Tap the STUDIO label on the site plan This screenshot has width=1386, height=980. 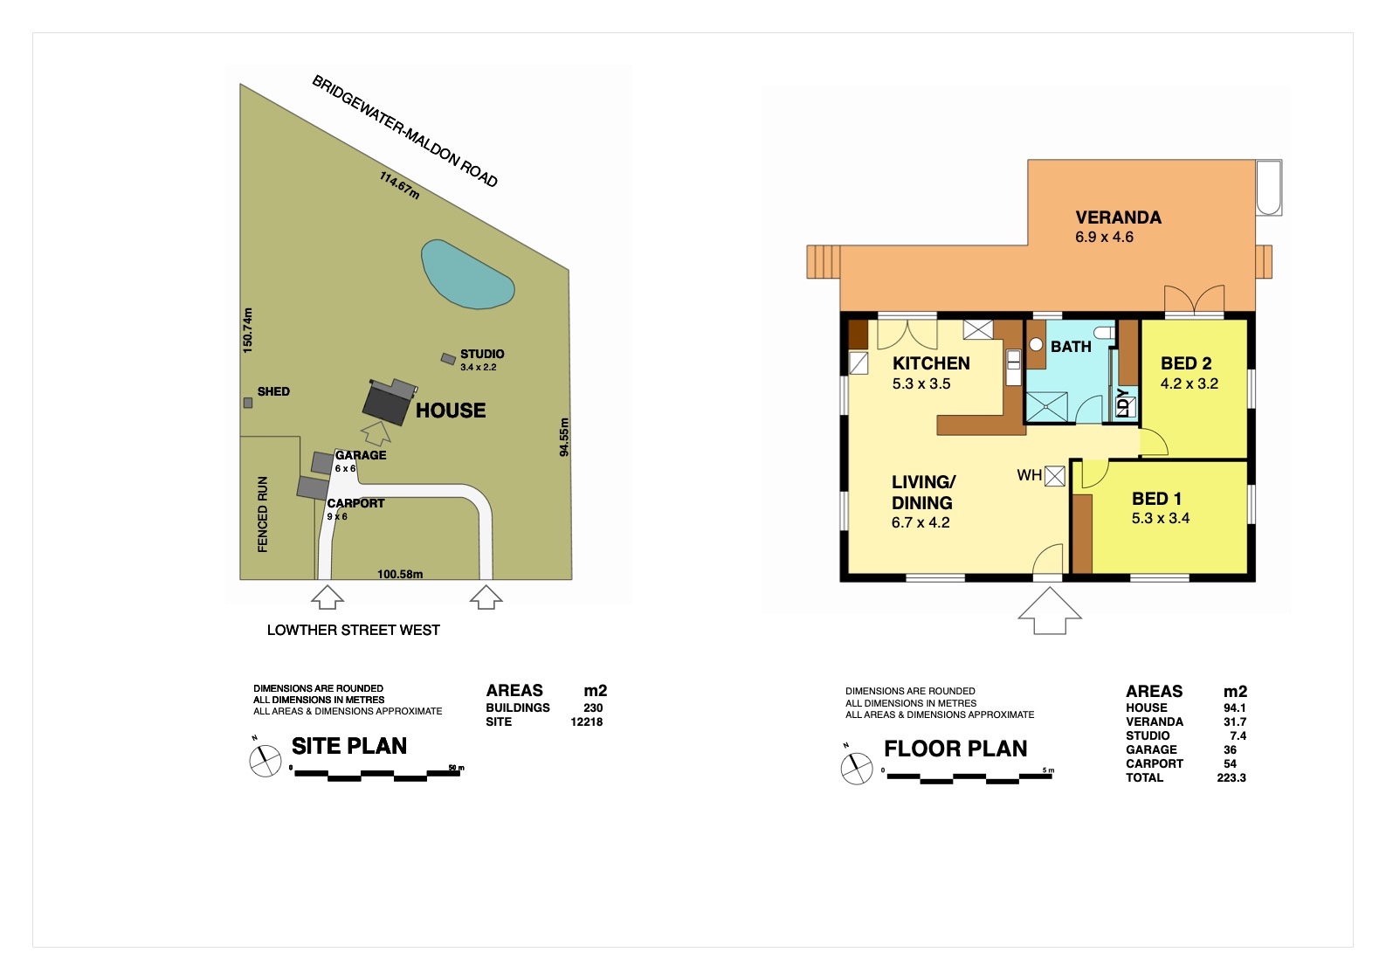482,354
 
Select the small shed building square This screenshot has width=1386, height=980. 248,403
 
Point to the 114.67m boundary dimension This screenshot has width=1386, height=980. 400,185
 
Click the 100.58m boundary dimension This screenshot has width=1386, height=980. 400,574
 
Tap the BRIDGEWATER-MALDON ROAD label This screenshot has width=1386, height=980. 404,130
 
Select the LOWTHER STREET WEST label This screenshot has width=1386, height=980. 354,630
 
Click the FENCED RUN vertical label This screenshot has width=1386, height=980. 262,514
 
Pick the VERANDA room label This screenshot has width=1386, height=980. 1118,217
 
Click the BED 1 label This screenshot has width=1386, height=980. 1156,499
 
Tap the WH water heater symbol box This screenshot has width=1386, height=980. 1055,476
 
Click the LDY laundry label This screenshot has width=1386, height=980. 1124,403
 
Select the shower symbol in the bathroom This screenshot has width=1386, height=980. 1046,407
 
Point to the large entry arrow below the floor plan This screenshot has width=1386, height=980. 1050,611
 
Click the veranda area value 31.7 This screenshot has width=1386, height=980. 1234,721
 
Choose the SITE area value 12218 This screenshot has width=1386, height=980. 587,721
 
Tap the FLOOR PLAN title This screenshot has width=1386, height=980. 955,749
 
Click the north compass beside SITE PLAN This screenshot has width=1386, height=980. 265,761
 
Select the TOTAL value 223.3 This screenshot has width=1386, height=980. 1231,777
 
